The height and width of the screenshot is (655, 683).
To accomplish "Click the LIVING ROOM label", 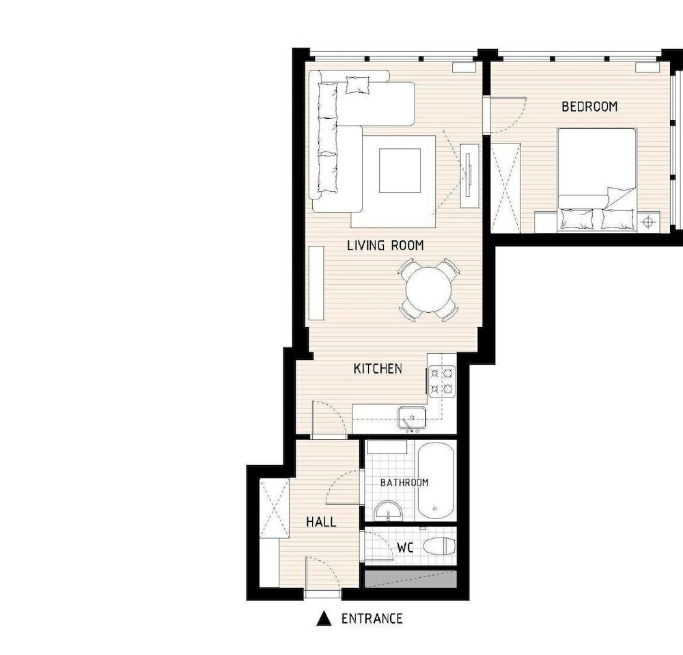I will (385, 245).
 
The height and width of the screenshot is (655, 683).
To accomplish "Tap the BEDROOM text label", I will (589, 107).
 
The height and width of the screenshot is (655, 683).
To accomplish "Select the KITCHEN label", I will (378, 369).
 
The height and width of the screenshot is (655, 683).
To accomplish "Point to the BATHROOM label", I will (404, 483).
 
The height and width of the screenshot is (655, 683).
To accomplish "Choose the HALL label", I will (320, 522).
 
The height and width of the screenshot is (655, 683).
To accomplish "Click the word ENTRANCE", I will (372, 619).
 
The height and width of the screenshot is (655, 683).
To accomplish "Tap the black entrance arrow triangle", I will (324, 619).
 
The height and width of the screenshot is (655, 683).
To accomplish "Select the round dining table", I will (429, 290).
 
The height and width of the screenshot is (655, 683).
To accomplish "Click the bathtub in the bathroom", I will (436, 481).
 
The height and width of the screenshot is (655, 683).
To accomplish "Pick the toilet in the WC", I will (439, 546).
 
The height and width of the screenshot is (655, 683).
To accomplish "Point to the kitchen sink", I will (412, 417).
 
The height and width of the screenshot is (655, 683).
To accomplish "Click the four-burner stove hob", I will (441, 381).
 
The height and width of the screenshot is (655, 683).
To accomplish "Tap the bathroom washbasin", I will (389, 511).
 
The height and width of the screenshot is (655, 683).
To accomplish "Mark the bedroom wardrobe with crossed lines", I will (506, 180).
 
